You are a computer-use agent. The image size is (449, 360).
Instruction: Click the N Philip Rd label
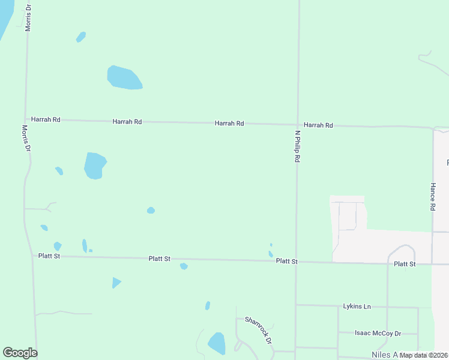coord(297,147)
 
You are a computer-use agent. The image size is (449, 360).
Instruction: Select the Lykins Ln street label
coord(357,307)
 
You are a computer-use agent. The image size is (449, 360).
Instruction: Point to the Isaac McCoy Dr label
coord(378,333)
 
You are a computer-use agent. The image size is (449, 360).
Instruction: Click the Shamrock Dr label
coord(259,330)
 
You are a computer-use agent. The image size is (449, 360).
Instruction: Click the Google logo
coord(20,353)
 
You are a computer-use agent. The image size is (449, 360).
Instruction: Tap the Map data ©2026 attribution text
coord(424,355)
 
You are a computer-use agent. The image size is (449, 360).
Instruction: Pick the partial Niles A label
coord(384,355)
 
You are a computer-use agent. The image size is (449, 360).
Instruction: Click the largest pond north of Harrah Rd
coord(124,77)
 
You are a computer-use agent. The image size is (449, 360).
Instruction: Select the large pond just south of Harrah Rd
coord(94,166)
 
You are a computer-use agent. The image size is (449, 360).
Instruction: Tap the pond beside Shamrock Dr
coord(216,343)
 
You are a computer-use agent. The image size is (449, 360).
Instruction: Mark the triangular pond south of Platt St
coord(116,282)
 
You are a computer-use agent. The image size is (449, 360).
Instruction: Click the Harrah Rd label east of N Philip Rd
coord(318,125)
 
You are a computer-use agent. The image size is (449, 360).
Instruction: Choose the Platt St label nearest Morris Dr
coord(49,256)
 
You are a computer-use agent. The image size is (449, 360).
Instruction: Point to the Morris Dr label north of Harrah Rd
coord(28,16)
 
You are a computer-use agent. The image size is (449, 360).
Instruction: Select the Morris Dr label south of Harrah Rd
coord(26,138)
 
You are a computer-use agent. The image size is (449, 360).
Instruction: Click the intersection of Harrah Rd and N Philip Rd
coord(297,124)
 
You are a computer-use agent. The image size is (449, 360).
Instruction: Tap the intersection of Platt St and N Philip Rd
coord(296,261)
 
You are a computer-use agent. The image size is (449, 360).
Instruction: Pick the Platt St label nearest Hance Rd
coord(405,264)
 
